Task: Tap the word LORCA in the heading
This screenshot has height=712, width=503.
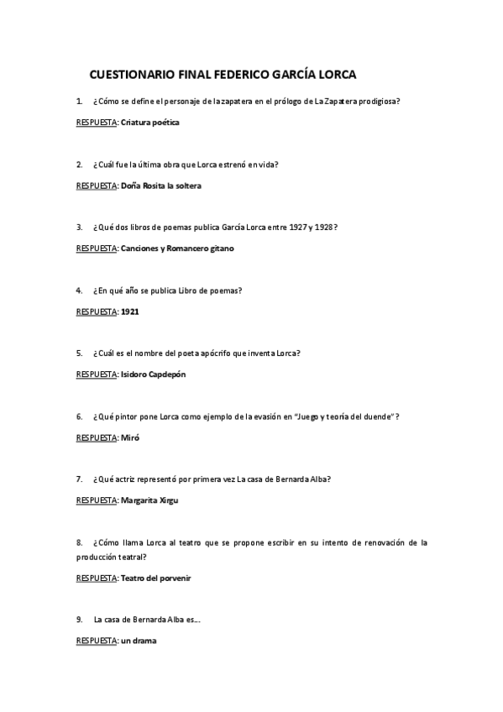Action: tap(333, 74)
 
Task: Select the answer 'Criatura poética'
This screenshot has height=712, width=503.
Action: tap(150, 123)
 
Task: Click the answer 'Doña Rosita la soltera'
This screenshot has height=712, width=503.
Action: tap(161, 186)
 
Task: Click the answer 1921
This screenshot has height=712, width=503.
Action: tap(130, 311)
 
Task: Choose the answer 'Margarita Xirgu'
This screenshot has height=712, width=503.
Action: tap(150, 500)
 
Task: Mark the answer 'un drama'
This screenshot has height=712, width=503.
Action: tap(139, 641)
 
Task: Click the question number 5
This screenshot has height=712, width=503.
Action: tap(78, 353)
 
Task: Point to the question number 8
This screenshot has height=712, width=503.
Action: tap(78, 542)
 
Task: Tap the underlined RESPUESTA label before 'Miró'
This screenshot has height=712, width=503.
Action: tap(97, 437)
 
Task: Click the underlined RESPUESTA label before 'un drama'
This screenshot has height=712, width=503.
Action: tap(97, 641)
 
